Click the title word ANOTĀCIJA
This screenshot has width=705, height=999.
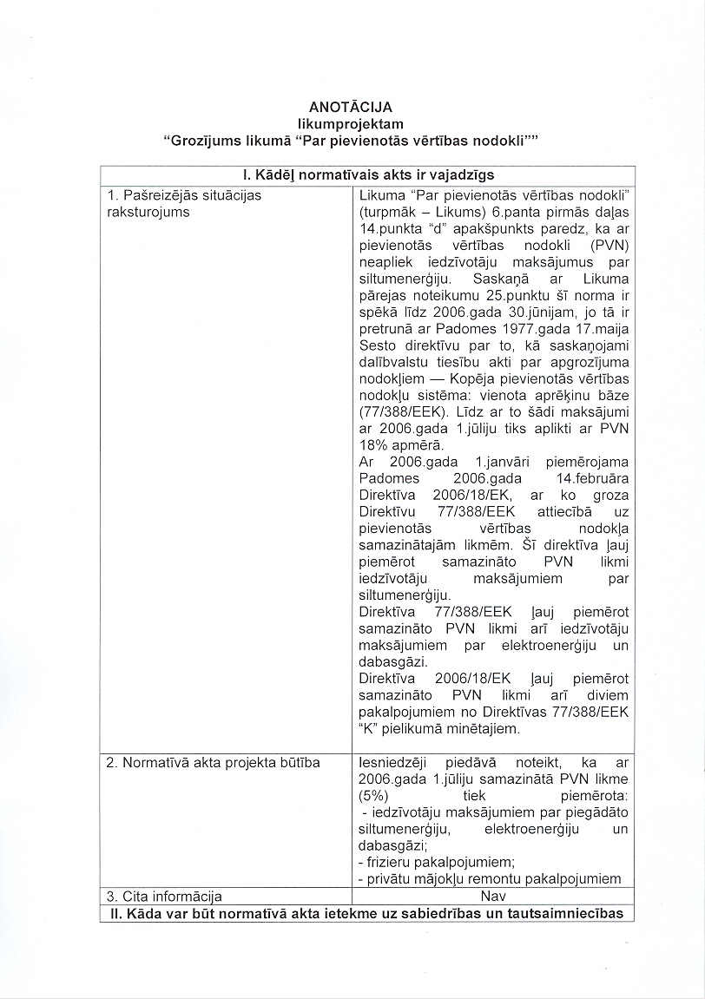point(351,108)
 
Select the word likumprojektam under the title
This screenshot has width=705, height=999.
point(351,124)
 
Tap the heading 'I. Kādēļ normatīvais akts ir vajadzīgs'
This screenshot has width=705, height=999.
point(367,175)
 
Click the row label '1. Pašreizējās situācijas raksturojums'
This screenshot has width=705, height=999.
point(183,203)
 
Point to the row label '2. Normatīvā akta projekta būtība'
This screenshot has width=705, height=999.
point(213,762)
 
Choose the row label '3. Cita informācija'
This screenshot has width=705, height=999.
point(164,896)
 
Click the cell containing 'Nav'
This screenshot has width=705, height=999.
point(491,896)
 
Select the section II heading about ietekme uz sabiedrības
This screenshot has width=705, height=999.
point(367,912)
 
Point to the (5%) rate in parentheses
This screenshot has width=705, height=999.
point(374,795)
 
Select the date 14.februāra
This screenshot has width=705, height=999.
point(591,478)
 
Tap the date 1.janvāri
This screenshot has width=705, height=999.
point(501,462)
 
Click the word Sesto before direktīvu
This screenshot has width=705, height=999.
point(379,345)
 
